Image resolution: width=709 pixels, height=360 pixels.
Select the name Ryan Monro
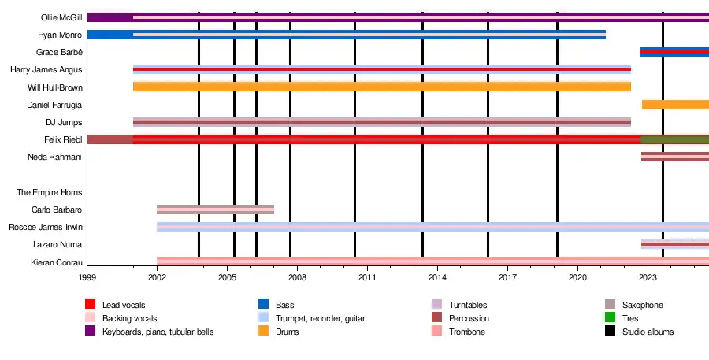[x=60, y=35]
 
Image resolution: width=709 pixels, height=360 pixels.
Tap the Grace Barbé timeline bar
[x=674, y=52]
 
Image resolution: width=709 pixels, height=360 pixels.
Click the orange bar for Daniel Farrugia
[x=675, y=105]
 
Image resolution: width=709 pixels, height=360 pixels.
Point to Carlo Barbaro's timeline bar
[x=215, y=210]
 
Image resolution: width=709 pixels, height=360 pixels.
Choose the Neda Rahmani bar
[x=674, y=157]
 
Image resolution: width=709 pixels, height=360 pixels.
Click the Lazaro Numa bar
[x=674, y=244]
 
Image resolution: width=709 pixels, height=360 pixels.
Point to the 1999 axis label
[x=87, y=278]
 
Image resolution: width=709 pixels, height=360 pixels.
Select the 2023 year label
[x=648, y=278]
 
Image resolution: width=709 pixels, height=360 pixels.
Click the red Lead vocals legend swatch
[x=91, y=304]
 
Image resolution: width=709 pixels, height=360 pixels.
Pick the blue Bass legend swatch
[x=264, y=304]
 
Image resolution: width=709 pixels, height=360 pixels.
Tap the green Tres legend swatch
[x=610, y=318]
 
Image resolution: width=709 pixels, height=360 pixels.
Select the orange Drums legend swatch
[x=264, y=332]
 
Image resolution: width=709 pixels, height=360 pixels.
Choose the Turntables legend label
[x=467, y=305]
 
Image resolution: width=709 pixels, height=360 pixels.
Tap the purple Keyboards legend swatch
[x=91, y=332]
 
